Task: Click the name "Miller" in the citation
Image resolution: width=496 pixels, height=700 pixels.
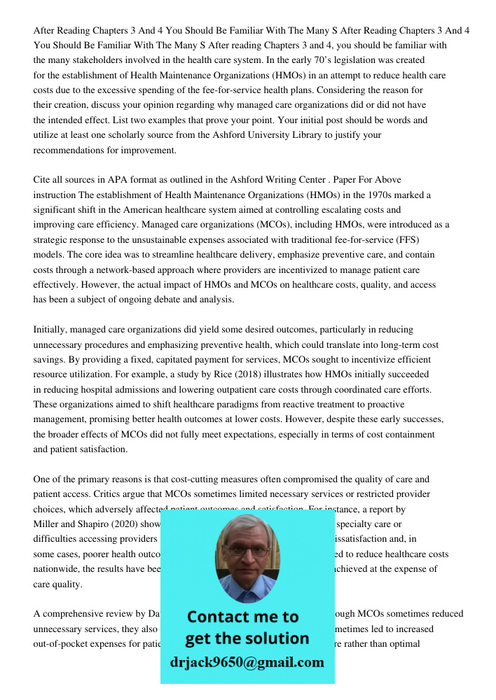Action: (x=48, y=524)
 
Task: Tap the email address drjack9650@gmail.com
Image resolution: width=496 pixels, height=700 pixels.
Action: (x=247, y=661)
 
